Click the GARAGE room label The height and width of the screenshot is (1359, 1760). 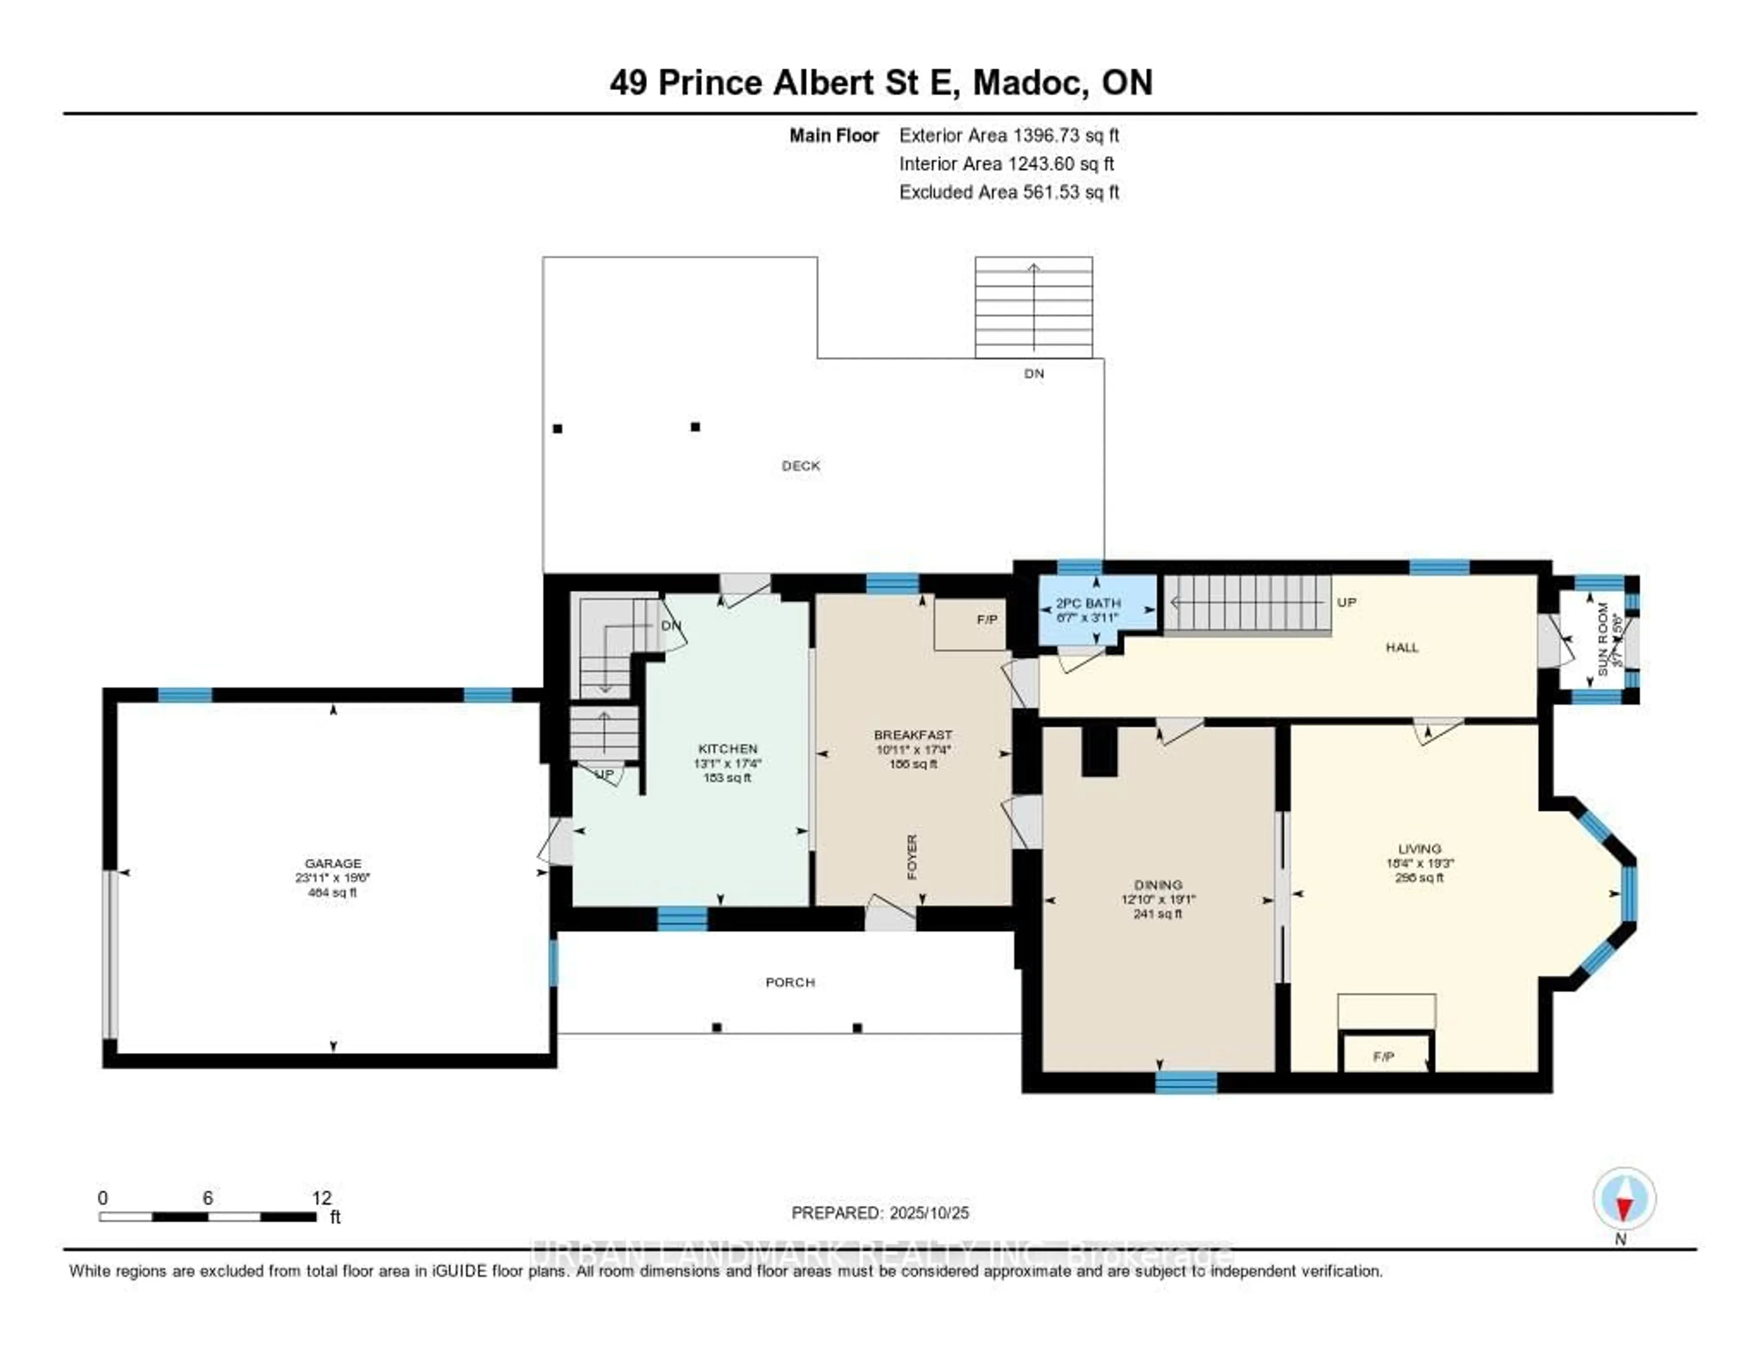click(x=333, y=863)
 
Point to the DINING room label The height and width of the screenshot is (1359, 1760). click(x=1158, y=884)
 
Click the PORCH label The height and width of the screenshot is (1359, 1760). click(x=790, y=982)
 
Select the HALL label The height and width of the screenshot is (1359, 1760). click(x=1402, y=647)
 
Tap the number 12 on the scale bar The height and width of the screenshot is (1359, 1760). click(x=322, y=1198)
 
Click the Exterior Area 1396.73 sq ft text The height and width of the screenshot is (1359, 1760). click(x=1009, y=135)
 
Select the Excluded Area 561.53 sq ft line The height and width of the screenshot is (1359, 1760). click(x=1009, y=192)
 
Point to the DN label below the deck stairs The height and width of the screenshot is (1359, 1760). click(x=1034, y=374)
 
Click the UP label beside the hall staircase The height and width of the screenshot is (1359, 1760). click(x=1347, y=602)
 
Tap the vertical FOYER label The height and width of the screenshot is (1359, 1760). click(x=912, y=856)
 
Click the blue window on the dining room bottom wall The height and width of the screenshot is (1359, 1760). click(x=1185, y=1082)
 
